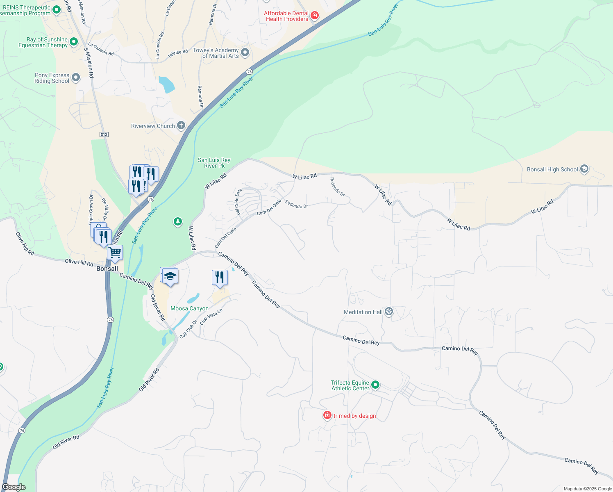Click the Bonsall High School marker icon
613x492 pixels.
click(584, 169)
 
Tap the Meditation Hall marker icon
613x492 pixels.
click(389, 312)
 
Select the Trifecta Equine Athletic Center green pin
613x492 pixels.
click(375, 385)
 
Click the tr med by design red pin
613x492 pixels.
click(327, 415)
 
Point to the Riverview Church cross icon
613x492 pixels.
click(181, 125)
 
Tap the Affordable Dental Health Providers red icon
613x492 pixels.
click(315, 16)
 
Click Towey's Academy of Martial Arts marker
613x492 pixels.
click(245, 52)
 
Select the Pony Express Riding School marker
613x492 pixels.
click(76, 77)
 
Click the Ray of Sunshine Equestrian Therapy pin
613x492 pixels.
click(74, 41)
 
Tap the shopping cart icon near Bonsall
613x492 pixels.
click(115, 253)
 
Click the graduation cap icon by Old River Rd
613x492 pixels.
click(170, 277)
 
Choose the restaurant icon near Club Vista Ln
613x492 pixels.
click(220, 278)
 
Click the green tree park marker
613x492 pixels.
click(177, 222)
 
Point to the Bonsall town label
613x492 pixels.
click(107, 269)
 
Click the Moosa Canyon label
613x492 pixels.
click(189, 308)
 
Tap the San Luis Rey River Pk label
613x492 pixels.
click(214, 163)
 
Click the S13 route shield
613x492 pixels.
click(104, 134)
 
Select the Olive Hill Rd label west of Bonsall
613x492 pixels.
click(79, 262)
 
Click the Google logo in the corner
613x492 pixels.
click(14, 487)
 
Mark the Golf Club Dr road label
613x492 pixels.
click(188, 329)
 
